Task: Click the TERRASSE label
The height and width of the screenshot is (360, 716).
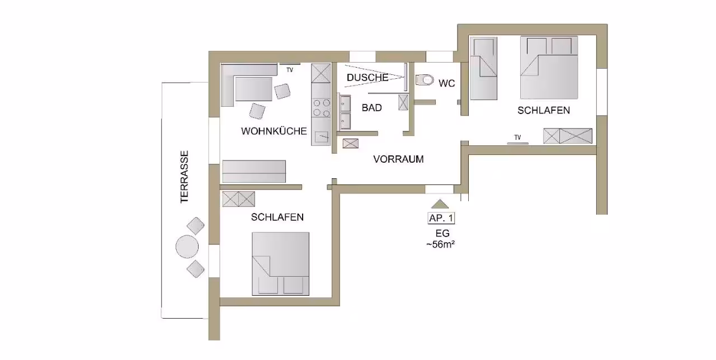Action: [185, 177]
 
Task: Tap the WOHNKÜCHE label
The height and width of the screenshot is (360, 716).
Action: [274, 131]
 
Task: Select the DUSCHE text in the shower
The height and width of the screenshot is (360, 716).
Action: [368, 77]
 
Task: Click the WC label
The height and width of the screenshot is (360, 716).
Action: [446, 83]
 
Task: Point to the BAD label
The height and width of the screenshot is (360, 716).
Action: [372, 108]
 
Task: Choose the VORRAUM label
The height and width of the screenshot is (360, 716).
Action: [398, 159]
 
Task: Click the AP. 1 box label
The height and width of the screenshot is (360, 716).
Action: [441, 218]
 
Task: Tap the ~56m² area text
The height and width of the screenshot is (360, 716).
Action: [440, 244]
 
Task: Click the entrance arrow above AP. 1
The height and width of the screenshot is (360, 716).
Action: [440, 204]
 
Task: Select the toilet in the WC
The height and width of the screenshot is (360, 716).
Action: [425, 79]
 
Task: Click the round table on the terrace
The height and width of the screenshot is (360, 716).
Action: [187, 247]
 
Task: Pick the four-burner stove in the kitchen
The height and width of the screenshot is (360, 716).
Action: [321, 108]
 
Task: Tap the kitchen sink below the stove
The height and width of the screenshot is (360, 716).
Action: [321, 137]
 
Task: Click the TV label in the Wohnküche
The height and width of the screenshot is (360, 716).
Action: [290, 70]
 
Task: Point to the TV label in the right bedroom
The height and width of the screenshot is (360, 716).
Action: [517, 138]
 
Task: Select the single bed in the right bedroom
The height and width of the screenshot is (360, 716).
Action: [483, 68]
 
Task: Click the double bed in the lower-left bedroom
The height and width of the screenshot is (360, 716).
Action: [280, 264]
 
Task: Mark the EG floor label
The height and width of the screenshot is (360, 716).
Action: [442, 233]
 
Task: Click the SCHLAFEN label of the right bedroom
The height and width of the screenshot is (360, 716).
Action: [543, 111]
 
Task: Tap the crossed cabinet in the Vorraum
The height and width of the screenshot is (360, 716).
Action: [350, 144]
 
